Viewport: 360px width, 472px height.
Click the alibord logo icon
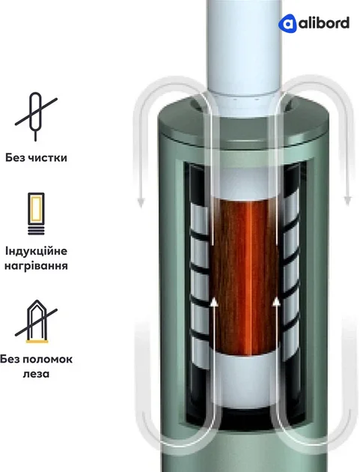[287, 23]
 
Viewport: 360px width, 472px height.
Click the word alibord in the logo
[324, 23]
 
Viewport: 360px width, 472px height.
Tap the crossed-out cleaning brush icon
[36, 116]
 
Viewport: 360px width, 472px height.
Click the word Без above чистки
[14, 157]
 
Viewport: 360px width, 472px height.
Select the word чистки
[47, 158]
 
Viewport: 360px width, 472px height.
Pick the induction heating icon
[36, 214]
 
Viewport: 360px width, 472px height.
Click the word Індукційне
[36, 251]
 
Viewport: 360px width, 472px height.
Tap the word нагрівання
[36, 266]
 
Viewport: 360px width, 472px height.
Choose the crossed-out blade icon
[36, 321]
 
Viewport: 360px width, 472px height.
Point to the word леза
[36, 374]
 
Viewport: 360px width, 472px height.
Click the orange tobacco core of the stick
[245, 276]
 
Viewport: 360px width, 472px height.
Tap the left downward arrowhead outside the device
[141, 202]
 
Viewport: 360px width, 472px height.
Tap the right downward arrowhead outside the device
[348, 201]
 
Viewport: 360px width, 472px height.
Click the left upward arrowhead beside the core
[214, 302]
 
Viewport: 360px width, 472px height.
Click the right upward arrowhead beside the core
[276, 302]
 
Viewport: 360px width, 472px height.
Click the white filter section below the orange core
[245, 381]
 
